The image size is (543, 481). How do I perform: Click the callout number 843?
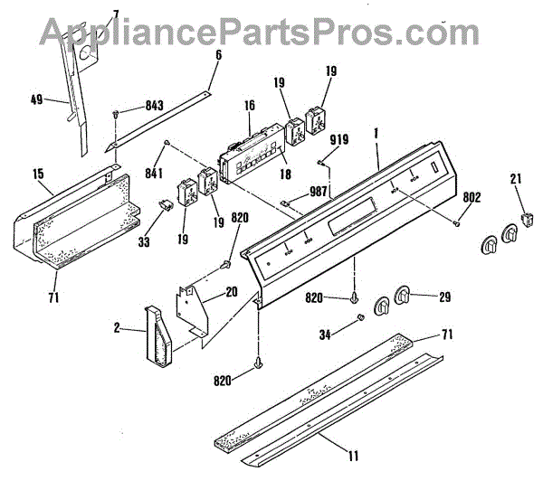point(155,108)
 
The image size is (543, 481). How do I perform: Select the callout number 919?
point(338,139)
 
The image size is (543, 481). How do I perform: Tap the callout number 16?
point(250,106)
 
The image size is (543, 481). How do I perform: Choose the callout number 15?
point(38,172)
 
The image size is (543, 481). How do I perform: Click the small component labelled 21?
point(527,217)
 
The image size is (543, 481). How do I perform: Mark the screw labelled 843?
point(118,113)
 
